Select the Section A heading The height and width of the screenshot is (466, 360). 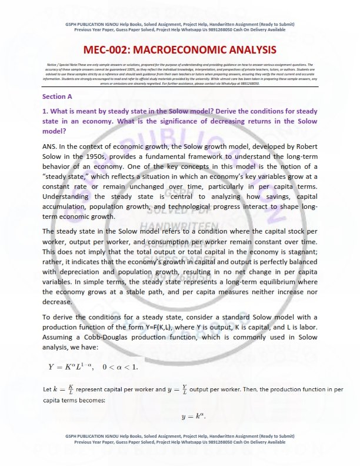click(x=57, y=96)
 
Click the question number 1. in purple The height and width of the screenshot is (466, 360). click(x=45, y=111)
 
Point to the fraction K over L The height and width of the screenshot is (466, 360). click(x=71, y=389)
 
